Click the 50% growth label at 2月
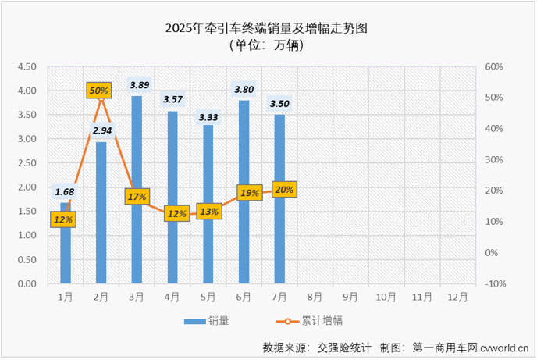[100, 91]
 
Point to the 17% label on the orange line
[136, 197]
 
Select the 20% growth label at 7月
[283, 188]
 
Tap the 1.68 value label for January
[65, 191]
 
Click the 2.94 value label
[101, 130]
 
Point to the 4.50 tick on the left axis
[26, 66]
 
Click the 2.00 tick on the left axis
[26, 187]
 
